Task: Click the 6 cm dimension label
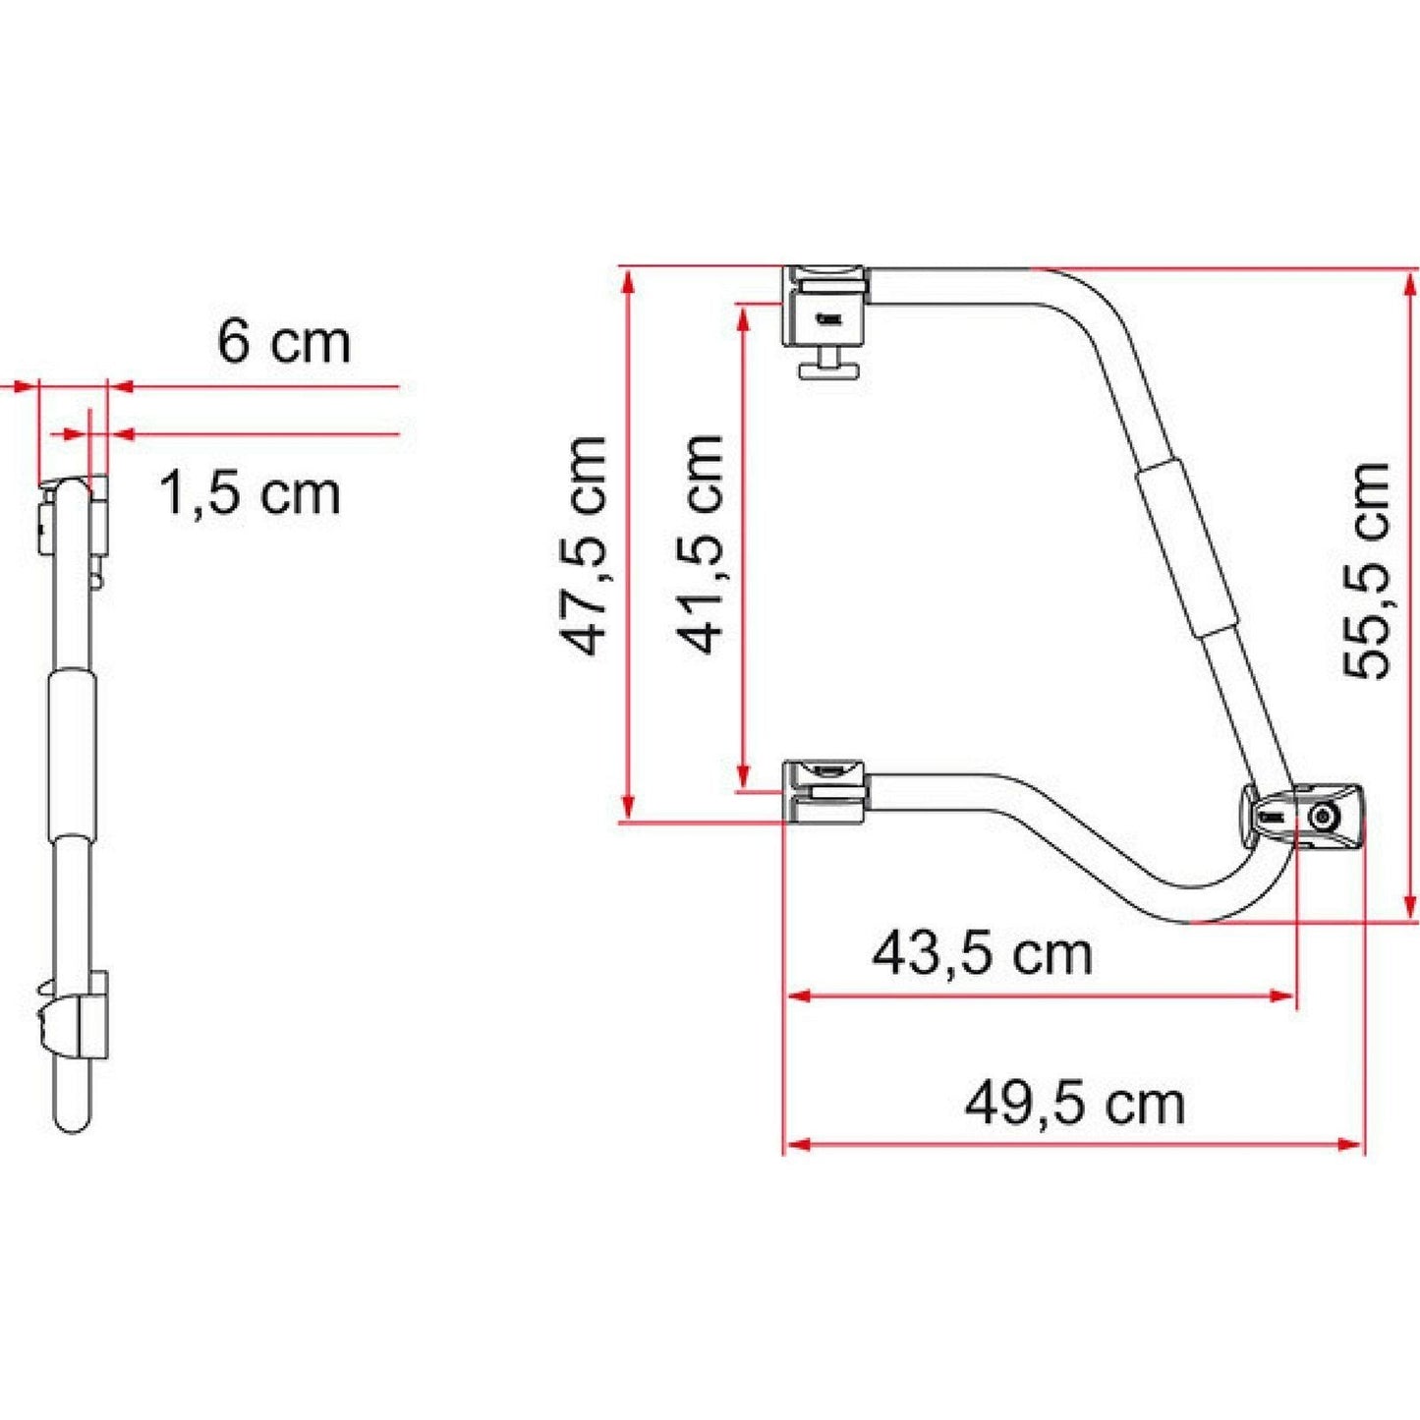coord(283,342)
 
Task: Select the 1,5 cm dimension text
coord(249,492)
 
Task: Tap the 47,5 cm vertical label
coord(584,545)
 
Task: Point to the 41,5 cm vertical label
coord(700,543)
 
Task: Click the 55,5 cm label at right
coord(1367,570)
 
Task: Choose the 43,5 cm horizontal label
coord(982,953)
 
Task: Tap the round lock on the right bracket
coord(1323,817)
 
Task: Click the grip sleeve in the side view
coord(72,752)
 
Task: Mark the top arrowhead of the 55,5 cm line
coord(1412,279)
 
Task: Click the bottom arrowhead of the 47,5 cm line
coord(627,810)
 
